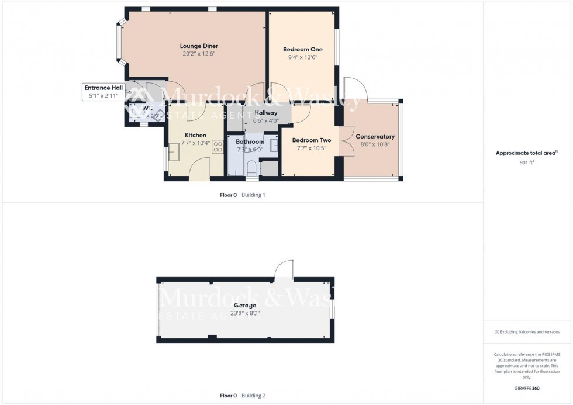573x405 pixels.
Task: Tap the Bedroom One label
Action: [x=302, y=49]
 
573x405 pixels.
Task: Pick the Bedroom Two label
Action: [x=312, y=140]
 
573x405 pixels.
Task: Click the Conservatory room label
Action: [x=375, y=137]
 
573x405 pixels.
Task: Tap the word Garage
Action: [x=245, y=305]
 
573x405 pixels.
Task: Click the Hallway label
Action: [x=266, y=113]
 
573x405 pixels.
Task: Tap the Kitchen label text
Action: [x=195, y=136]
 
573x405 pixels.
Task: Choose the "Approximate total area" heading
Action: [x=526, y=153]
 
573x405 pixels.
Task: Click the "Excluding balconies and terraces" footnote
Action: [x=527, y=332]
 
